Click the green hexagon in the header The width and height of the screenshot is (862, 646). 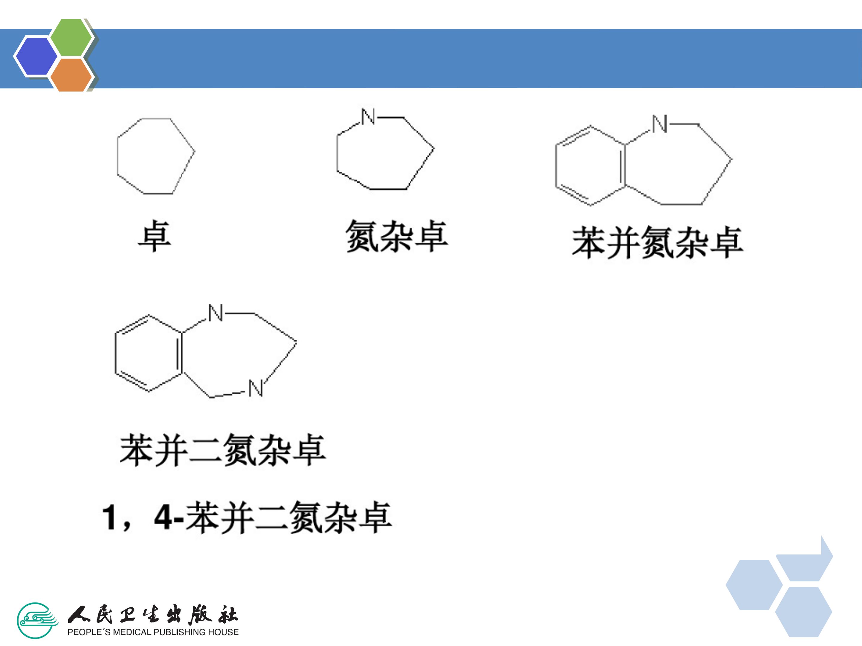[x=71, y=37]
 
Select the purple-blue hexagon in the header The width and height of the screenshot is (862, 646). [x=36, y=56]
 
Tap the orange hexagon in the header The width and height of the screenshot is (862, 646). [x=71, y=75]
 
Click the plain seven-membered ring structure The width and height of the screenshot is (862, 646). [x=155, y=156]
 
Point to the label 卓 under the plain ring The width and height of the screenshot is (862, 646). [x=155, y=236]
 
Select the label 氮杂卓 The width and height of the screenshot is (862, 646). [x=396, y=236]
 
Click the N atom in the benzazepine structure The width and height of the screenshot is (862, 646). [x=660, y=124]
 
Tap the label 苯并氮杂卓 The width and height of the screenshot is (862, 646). [x=657, y=243]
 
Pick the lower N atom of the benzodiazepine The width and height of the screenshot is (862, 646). [x=256, y=388]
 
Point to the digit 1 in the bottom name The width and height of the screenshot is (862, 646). [x=110, y=517]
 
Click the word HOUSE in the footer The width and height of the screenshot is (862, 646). [x=223, y=632]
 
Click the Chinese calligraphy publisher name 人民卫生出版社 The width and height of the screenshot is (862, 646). [x=153, y=615]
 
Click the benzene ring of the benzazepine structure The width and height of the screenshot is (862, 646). [x=591, y=165]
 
